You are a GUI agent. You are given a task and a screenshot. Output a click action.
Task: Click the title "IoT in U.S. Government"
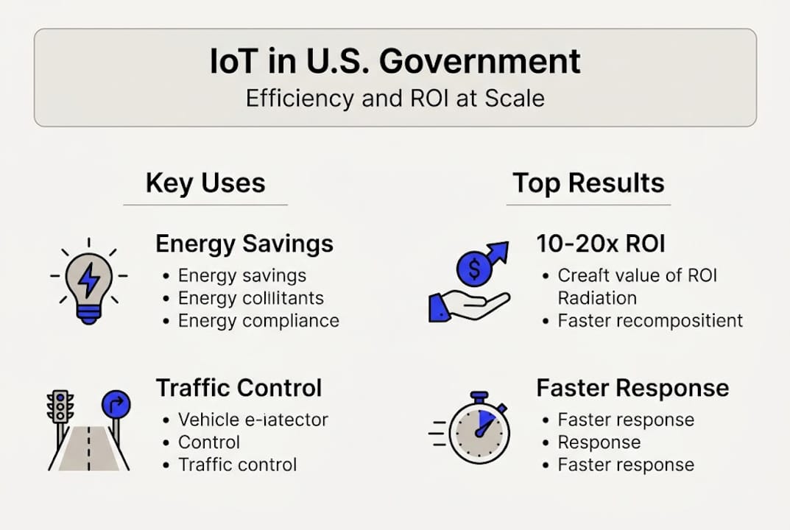[x=395, y=62]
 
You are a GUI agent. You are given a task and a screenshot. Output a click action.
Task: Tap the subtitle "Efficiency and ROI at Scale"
[x=395, y=99]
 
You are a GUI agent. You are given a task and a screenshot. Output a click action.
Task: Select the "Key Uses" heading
[x=205, y=183]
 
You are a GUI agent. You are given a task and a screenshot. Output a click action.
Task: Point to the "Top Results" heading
[x=588, y=183]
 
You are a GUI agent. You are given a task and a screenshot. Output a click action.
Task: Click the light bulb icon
[x=88, y=283]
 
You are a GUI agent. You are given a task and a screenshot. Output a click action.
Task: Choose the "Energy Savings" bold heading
[x=244, y=244]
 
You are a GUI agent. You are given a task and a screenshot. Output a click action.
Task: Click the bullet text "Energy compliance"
[x=258, y=321]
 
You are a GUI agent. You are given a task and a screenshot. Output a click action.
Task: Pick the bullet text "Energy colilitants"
[x=250, y=298]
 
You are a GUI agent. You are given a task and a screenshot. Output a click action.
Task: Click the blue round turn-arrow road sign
[x=116, y=404]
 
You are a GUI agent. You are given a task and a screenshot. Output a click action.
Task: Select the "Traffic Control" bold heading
[x=239, y=387]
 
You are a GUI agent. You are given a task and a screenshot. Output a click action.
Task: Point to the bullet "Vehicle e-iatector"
[x=253, y=420]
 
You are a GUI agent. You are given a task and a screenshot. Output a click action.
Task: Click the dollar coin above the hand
[x=473, y=270]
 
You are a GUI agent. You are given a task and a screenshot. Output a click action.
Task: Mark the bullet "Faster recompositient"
[x=650, y=320]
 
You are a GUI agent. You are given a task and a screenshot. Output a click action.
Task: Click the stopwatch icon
[x=479, y=431]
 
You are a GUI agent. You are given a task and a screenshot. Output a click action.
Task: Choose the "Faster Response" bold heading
[x=632, y=387]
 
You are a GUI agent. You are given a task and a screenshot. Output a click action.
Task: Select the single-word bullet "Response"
[x=599, y=442]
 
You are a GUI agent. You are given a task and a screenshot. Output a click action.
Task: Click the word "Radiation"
[x=597, y=297]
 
